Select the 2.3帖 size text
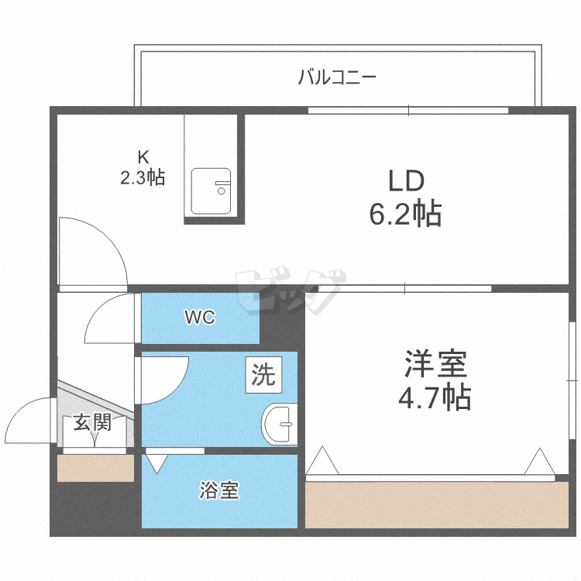click(x=142, y=177)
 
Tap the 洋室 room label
click(x=433, y=364)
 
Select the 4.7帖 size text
click(x=434, y=397)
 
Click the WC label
click(x=200, y=318)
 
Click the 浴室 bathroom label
click(x=219, y=490)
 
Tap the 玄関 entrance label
click(x=92, y=422)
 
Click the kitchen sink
click(x=211, y=191)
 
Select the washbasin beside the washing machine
click(x=279, y=424)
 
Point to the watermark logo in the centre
click(x=290, y=290)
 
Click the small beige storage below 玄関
click(x=95, y=468)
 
